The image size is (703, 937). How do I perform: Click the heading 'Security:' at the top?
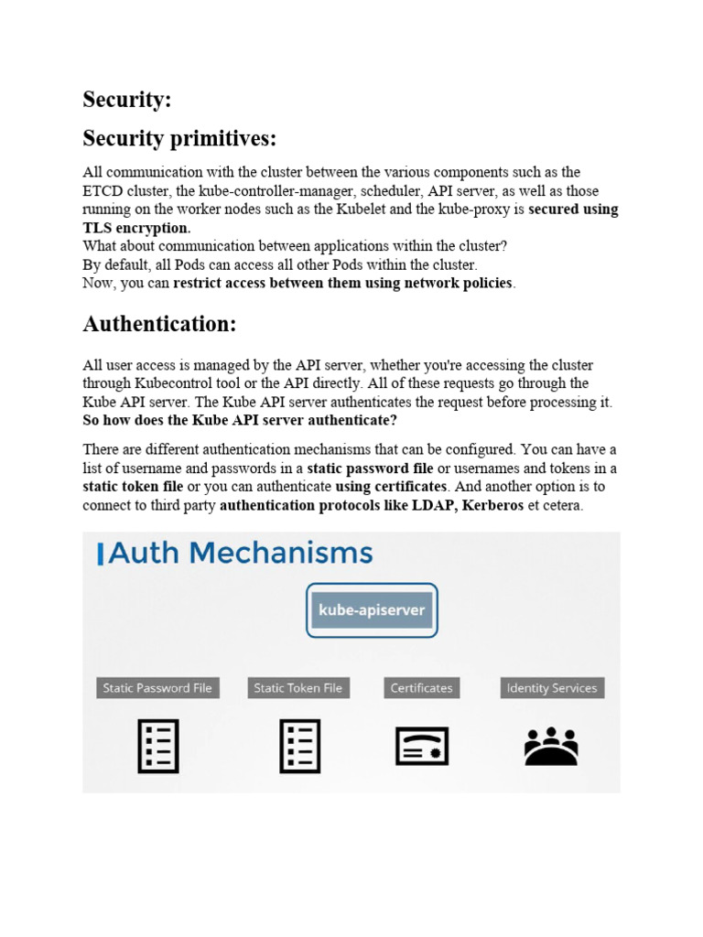coord(127,100)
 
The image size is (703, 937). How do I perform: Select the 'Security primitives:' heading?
coord(178,138)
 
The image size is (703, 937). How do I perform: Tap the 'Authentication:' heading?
coord(159,324)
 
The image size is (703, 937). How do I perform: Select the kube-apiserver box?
coord(372,609)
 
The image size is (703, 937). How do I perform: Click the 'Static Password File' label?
coord(157,688)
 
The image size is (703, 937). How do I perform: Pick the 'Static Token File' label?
coord(297,688)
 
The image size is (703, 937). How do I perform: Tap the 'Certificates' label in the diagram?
coord(421,688)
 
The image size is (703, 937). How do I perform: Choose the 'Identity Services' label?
coord(552,688)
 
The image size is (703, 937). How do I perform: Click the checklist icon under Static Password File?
coord(157,745)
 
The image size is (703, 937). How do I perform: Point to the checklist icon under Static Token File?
coord(298,745)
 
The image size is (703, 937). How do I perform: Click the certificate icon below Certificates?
coord(422,746)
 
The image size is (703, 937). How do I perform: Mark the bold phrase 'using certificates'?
coord(392,487)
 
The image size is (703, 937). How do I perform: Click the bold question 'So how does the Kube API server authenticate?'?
coord(240,420)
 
